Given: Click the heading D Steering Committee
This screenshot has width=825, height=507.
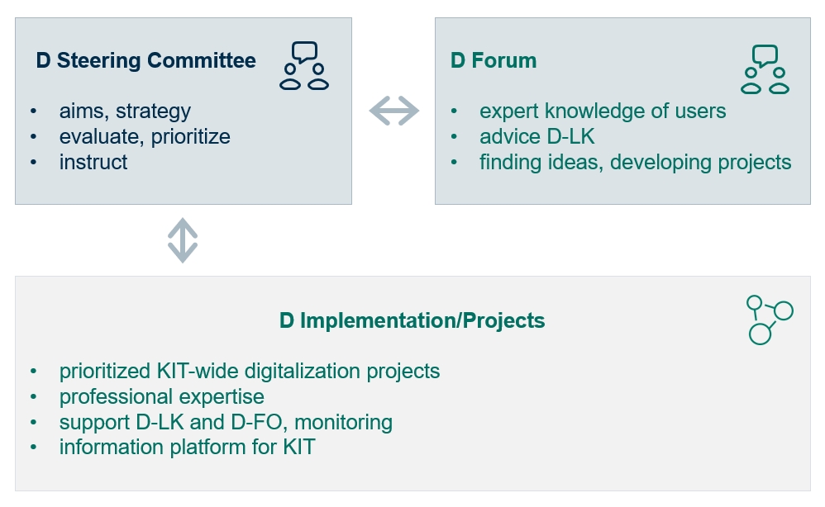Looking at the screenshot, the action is [x=145, y=60].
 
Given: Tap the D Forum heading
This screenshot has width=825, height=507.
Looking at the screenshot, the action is [x=494, y=60].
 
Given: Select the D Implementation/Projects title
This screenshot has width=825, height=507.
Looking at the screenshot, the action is [x=412, y=320].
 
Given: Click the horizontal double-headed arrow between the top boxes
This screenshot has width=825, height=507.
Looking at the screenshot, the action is [x=394, y=111].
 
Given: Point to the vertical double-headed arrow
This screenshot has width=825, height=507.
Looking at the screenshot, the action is [x=183, y=240].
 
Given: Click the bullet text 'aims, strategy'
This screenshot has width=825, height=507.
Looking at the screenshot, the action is [x=125, y=111].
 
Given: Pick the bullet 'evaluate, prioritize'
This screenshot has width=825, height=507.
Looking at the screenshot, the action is [x=145, y=136].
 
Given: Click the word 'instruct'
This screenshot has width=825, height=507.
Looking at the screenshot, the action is [x=93, y=162].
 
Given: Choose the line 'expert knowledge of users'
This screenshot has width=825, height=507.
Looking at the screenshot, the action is [x=603, y=111].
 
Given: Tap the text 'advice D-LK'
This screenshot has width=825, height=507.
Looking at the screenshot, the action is [x=536, y=136].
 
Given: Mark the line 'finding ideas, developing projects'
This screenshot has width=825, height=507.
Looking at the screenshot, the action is [x=635, y=162].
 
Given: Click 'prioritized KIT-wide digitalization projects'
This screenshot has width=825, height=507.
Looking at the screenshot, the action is [x=250, y=371].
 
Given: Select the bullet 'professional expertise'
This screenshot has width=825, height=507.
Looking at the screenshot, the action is [x=161, y=396].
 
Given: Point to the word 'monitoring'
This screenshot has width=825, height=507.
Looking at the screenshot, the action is [x=344, y=422].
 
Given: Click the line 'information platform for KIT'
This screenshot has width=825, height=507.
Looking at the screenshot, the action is [x=188, y=447].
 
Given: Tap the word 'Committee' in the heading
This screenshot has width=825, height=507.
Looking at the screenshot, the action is [x=202, y=60].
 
